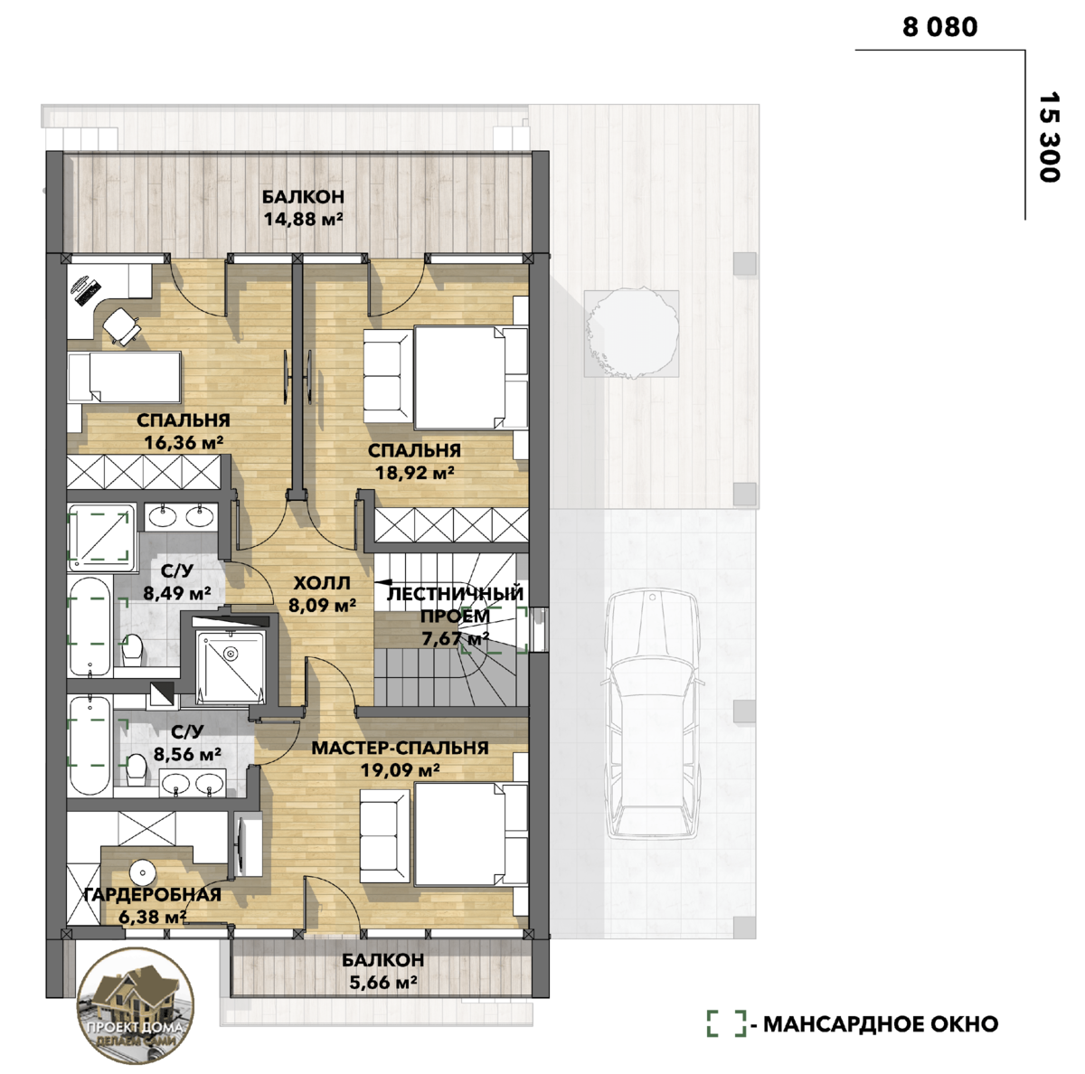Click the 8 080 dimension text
click(939, 28)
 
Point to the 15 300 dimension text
click(1049, 137)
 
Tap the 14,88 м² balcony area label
click(303, 219)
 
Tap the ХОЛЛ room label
click(322, 583)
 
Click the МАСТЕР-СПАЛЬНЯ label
click(401, 748)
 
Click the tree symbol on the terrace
click(631, 334)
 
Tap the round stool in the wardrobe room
click(143, 872)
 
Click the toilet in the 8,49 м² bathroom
click(132, 649)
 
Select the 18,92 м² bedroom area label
click(415, 473)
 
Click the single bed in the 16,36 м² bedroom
click(124, 377)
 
